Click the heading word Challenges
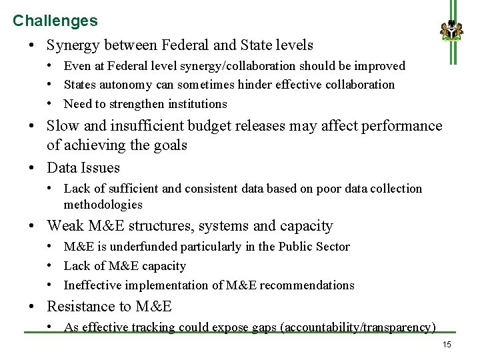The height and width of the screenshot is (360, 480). (55, 21)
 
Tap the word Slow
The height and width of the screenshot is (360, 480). (63, 126)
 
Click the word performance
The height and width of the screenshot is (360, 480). (405, 126)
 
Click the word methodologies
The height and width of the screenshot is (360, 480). (103, 205)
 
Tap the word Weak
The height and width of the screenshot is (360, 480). (65, 226)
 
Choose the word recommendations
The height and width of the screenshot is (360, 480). (307, 285)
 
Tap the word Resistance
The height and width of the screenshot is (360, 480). (81, 307)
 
